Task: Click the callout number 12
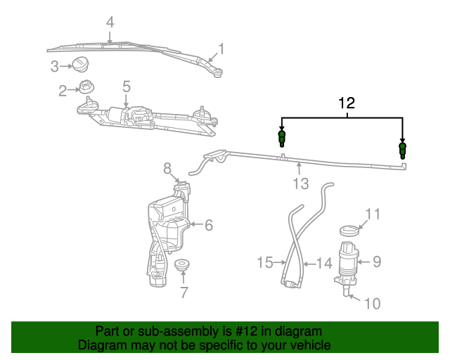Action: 346,103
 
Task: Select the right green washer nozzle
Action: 402,150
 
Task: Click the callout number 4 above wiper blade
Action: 110,22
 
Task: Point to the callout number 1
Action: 221,49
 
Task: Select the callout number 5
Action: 127,86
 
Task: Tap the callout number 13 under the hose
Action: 300,184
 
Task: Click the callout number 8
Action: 167,169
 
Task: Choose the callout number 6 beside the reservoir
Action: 208,225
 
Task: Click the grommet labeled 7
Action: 184,266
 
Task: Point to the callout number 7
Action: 184,292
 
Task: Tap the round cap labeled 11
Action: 349,230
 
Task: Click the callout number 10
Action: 372,303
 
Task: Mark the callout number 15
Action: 264,262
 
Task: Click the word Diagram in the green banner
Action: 100,345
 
